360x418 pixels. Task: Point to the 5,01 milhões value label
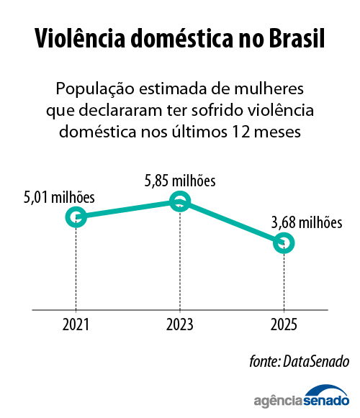[x=59, y=198]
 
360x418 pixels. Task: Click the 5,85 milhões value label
[x=180, y=181]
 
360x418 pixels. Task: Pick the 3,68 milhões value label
[x=307, y=222]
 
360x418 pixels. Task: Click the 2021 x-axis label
[x=76, y=324]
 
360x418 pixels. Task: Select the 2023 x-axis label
[x=179, y=324]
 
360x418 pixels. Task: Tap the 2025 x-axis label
[x=284, y=324]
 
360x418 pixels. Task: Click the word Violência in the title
[x=80, y=38]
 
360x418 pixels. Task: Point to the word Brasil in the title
[x=297, y=38]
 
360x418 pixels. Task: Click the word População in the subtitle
[x=95, y=89]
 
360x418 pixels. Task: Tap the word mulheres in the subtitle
[x=269, y=88]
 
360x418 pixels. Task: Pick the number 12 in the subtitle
[x=241, y=132]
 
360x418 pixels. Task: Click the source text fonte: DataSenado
[x=299, y=362]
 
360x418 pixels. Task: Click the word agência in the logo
[x=279, y=401]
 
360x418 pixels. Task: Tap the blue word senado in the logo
[x=326, y=401]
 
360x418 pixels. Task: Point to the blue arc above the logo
[x=326, y=389]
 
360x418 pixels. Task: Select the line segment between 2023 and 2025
[x=232, y=222]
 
